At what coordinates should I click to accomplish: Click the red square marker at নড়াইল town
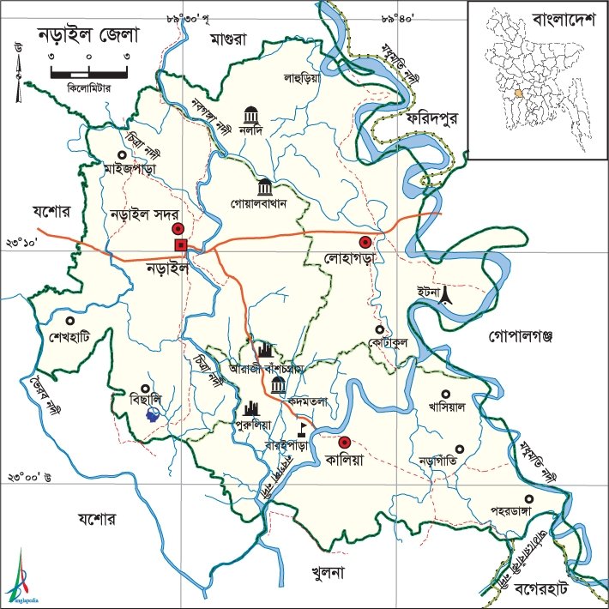tap(181, 246)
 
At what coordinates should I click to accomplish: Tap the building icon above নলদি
tap(250, 115)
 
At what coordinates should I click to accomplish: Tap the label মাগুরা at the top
tap(232, 39)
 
